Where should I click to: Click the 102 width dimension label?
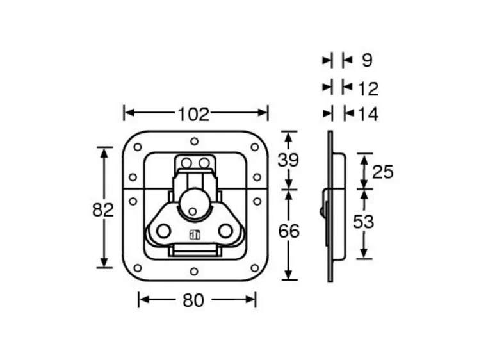[x=194, y=114]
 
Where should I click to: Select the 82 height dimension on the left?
[x=102, y=209]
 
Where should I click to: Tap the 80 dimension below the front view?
[x=194, y=300]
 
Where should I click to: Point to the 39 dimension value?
[x=288, y=160]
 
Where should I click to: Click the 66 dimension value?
[x=289, y=231]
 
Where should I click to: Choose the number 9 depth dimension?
[x=367, y=61]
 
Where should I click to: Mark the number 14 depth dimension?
[x=368, y=115]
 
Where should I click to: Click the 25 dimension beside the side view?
[x=382, y=172]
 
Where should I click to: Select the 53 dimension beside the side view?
[x=364, y=222]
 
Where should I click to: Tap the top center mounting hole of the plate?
[x=194, y=141]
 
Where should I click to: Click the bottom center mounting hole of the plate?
[x=194, y=271]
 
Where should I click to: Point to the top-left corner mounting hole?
[x=137, y=147]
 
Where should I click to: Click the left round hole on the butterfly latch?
[x=163, y=231]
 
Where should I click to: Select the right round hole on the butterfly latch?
[x=225, y=231]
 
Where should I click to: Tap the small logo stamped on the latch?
[x=195, y=235]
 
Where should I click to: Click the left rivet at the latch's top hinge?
[x=186, y=163]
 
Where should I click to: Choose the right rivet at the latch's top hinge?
[x=203, y=163]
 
